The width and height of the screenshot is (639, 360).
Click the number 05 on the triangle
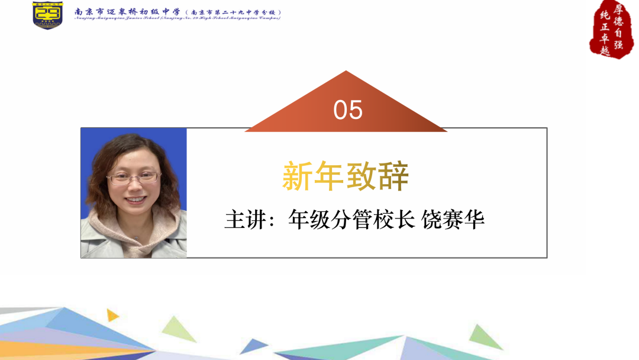pyautogui.click(x=348, y=110)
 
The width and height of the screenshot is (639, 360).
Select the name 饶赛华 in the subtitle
pyautogui.click(x=453, y=220)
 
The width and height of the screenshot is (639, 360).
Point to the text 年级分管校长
pyautogui.click(x=351, y=220)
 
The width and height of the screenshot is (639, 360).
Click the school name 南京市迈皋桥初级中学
pyautogui.click(x=127, y=11)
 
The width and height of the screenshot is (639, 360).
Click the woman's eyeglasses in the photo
pyautogui.click(x=134, y=176)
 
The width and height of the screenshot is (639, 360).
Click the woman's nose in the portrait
pyautogui.click(x=135, y=187)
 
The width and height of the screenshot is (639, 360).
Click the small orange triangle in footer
pyautogui.click(x=112, y=314)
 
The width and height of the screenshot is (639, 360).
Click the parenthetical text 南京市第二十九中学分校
pyautogui.click(x=233, y=12)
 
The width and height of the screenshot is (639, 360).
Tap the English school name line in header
pyautogui.click(x=177, y=18)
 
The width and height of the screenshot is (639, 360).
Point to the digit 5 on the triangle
pyautogui.click(x=356, y=110)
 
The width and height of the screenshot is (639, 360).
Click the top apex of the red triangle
pyautogui.click(x=346, y=72)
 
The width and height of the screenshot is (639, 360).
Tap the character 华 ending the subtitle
pyautogui.click(x=475, y=220)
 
